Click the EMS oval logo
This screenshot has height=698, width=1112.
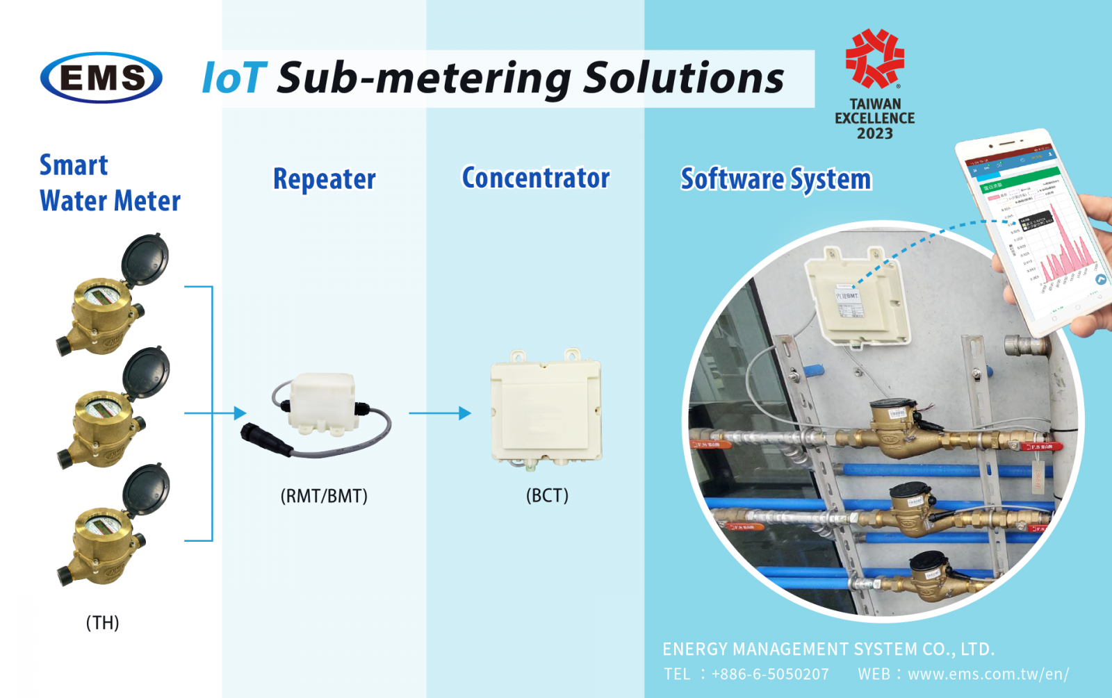coord(101,78)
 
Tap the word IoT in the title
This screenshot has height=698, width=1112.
coord(234,78)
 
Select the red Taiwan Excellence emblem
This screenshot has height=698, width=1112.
coord(874,58)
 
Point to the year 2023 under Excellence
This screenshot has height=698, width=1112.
coord(874,133)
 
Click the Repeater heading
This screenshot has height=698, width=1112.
coord(324,179)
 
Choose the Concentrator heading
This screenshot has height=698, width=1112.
coord(536,178)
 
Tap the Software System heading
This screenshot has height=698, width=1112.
coord(776,179)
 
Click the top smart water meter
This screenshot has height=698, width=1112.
coord(111,299)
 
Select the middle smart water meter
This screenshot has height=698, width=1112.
coord(111,413)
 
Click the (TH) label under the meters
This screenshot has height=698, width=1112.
coord(102,622)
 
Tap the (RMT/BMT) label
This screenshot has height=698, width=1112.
coord(324,496)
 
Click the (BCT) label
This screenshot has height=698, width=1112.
coord(547,495)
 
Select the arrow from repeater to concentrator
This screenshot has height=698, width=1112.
coord(440,413)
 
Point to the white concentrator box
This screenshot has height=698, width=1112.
coord(546,410)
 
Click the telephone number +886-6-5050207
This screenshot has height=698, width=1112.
coord(770,674)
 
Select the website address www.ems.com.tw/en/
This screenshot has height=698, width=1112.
coord(988,674)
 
